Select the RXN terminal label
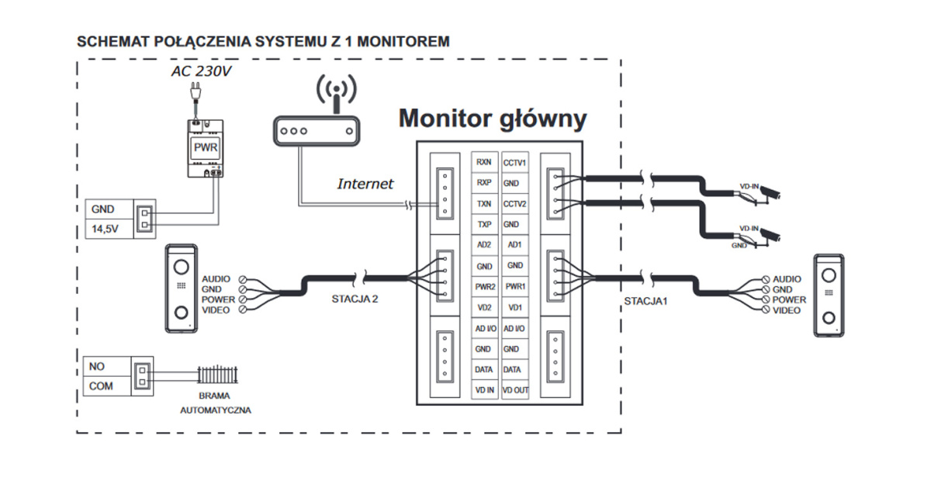tap(484, 163)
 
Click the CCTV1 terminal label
tap(514, 163)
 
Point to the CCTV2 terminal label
tap(514, 204)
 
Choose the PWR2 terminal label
tap(484, 287)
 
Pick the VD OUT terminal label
tap(514, 390)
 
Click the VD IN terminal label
tap(484, 390)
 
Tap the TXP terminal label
tap(484, 224)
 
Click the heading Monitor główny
tap(492, 119)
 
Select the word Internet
tap(365, 185)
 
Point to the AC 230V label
tap(200, 72)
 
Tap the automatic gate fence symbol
tap(215, 375)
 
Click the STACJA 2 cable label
tap(348, 298)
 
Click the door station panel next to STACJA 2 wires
tap(180, 289)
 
